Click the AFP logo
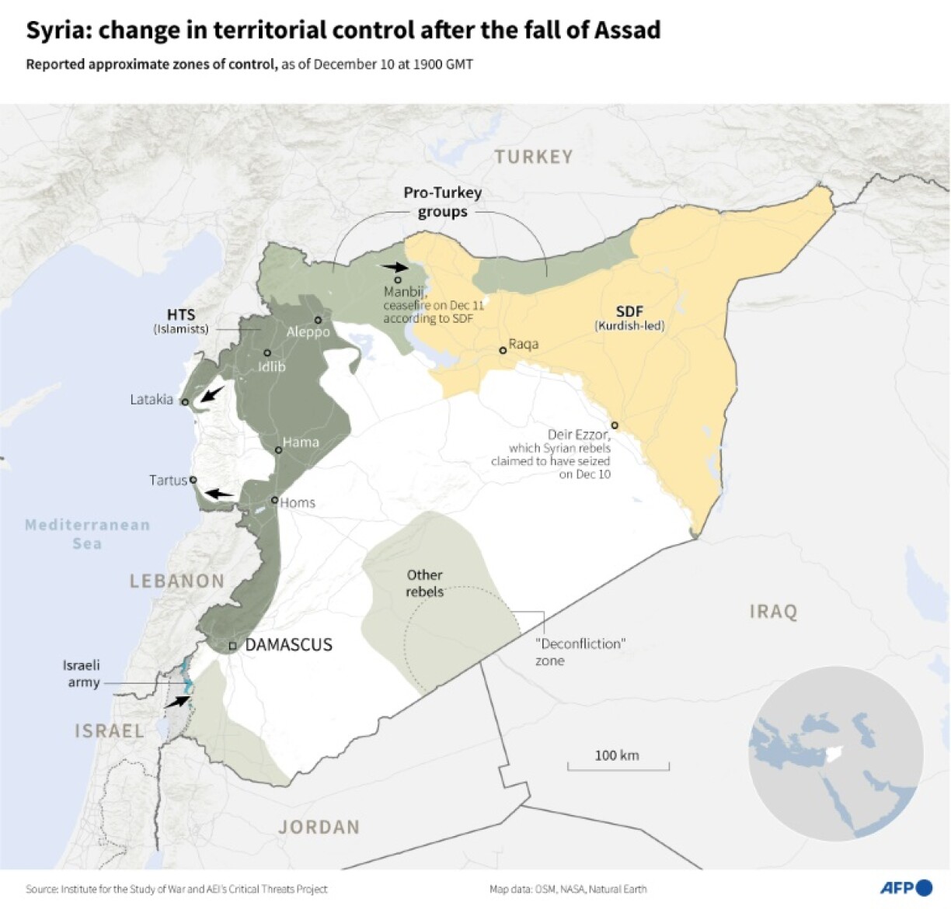tap(906, 887)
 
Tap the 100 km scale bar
tap(618, 767)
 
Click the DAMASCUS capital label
tap(288, 644)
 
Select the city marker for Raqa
tap(503, 350)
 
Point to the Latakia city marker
tap(185, 402)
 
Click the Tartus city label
tap(168, 481)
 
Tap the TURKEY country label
tap(534, 157)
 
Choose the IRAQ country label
tap(773, 612)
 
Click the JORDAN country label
tap(319, 827)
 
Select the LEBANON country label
tap(177, 581)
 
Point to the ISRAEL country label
tap(110, 730)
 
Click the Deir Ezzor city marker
tap(615, 425)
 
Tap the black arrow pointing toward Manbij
tap(394, 266)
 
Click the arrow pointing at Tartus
tap(218, 493)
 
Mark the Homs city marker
tap(274, 500)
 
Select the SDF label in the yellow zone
tap(629, 311)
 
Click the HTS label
tap(181, 314)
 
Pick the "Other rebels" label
tap(424, 583)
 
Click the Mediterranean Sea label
tap(87, 534)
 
